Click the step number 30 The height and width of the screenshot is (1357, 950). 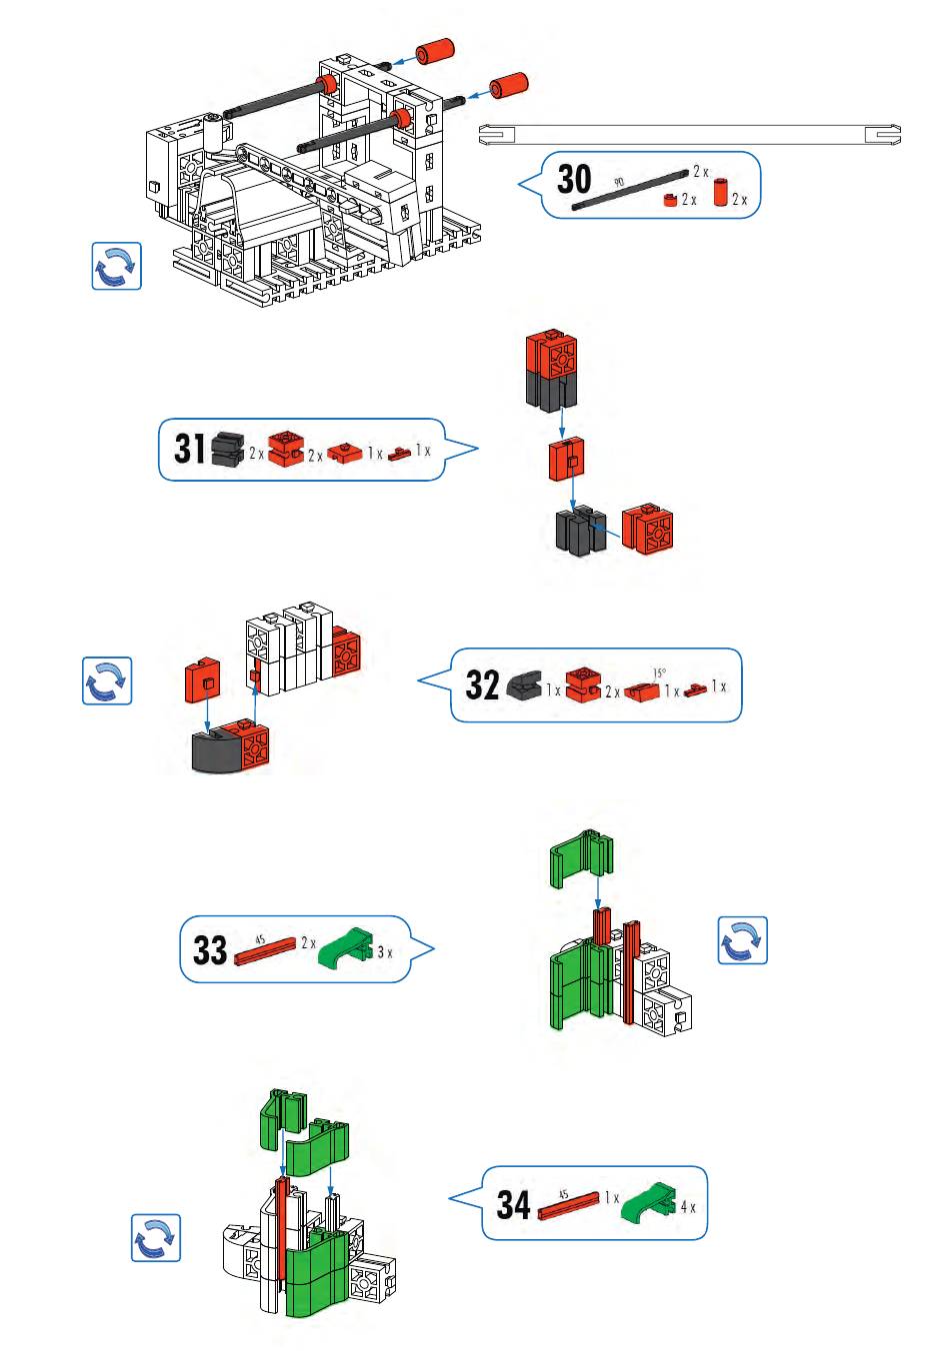[574, 181]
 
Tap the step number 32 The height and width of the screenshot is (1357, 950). [482, 685]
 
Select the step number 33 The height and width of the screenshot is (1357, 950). [210, 949]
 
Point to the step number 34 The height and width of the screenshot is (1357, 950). [513, 1204]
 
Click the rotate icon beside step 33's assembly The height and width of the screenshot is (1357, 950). [742, 940]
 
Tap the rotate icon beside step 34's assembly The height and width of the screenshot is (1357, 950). [156, 1237]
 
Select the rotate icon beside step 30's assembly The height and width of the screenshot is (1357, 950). [116, 266]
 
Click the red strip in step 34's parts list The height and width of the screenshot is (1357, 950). [568, 1206]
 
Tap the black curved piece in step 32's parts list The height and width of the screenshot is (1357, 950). [527, 685]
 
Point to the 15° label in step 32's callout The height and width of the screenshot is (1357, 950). [660, 673]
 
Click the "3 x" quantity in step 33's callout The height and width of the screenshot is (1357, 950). [384, 952]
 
